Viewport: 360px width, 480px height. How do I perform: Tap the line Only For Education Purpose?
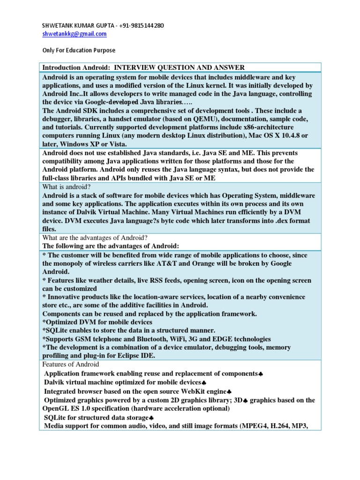79,50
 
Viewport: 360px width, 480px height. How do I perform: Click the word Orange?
200,263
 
